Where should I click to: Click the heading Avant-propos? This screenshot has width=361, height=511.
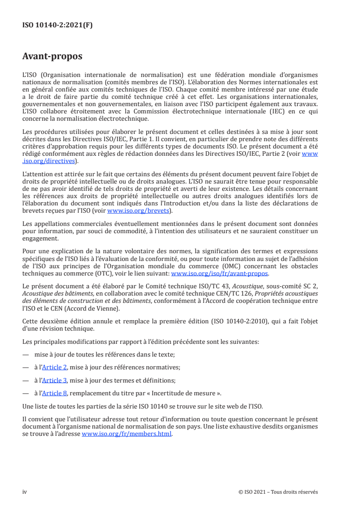[x=52, y=56]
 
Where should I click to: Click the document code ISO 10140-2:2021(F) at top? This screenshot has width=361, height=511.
[x=57, y=26]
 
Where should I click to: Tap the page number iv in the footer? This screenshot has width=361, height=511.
[x=25, y=492]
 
